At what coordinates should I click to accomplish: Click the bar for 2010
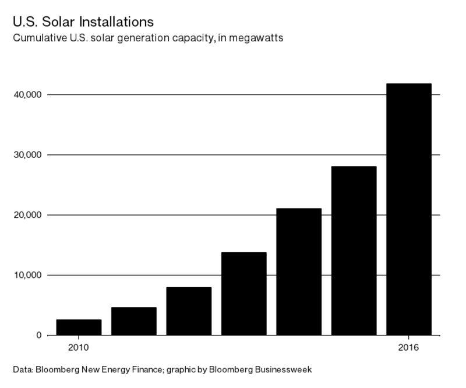click(x=79, y=327)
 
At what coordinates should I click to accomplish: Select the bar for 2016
click(x=409, y=210)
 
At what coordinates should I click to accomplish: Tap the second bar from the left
click(x=134, y=321)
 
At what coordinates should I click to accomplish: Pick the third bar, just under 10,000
click(x=189, y=311)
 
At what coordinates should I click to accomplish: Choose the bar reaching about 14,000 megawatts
click(x=243, y=294)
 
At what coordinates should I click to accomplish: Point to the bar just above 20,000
click(x=299, y=271)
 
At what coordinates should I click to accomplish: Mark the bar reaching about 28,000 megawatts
click(x=354, y=251)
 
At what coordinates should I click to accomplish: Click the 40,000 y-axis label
click(x=27, y=94)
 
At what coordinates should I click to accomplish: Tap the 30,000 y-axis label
click(x=27, y=155)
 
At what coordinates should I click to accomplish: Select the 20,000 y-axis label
click(x=27, y=215)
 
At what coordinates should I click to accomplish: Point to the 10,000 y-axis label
click(x=27, y=275)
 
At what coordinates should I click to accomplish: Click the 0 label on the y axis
click(x=39, y=335)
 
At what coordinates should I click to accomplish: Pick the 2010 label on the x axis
click(x=79, y=348)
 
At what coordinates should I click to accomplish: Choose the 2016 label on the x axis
click(x=409, y=348)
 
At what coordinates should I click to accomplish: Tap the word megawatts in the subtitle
click(x=256, y=38)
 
